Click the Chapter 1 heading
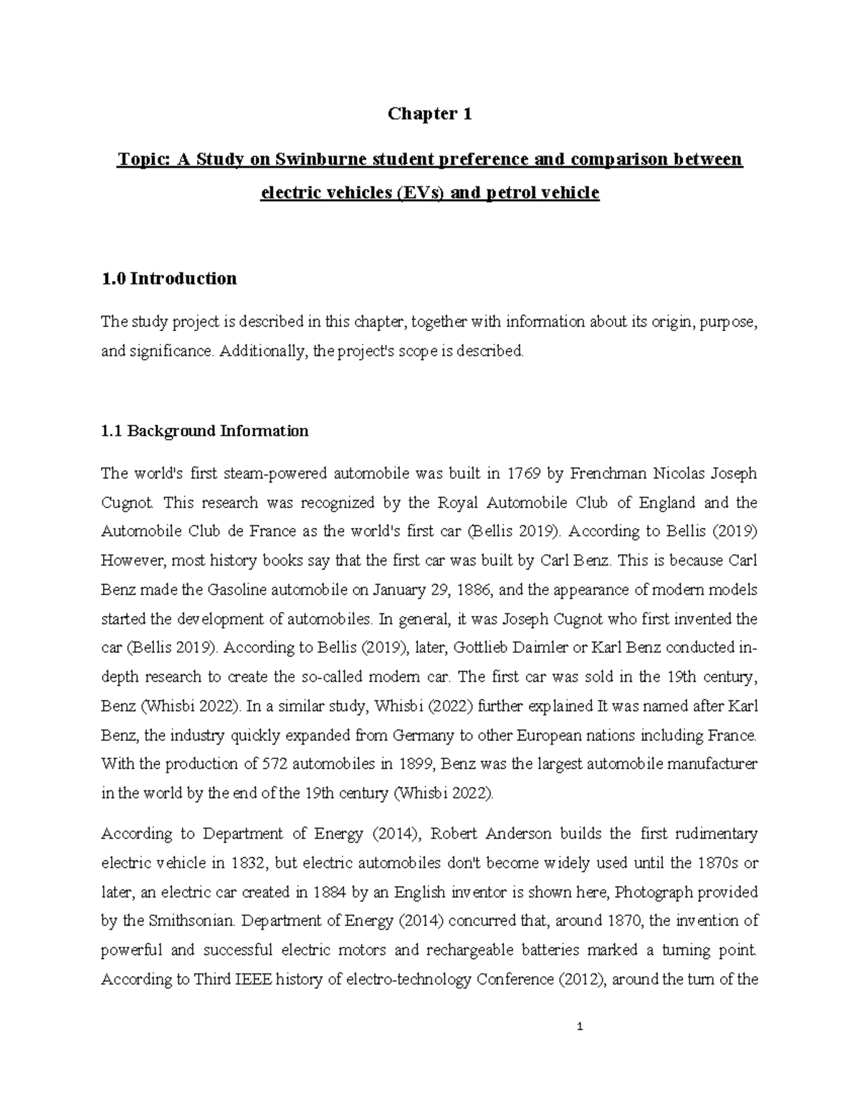429,113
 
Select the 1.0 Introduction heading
169,278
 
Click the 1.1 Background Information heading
205,431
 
